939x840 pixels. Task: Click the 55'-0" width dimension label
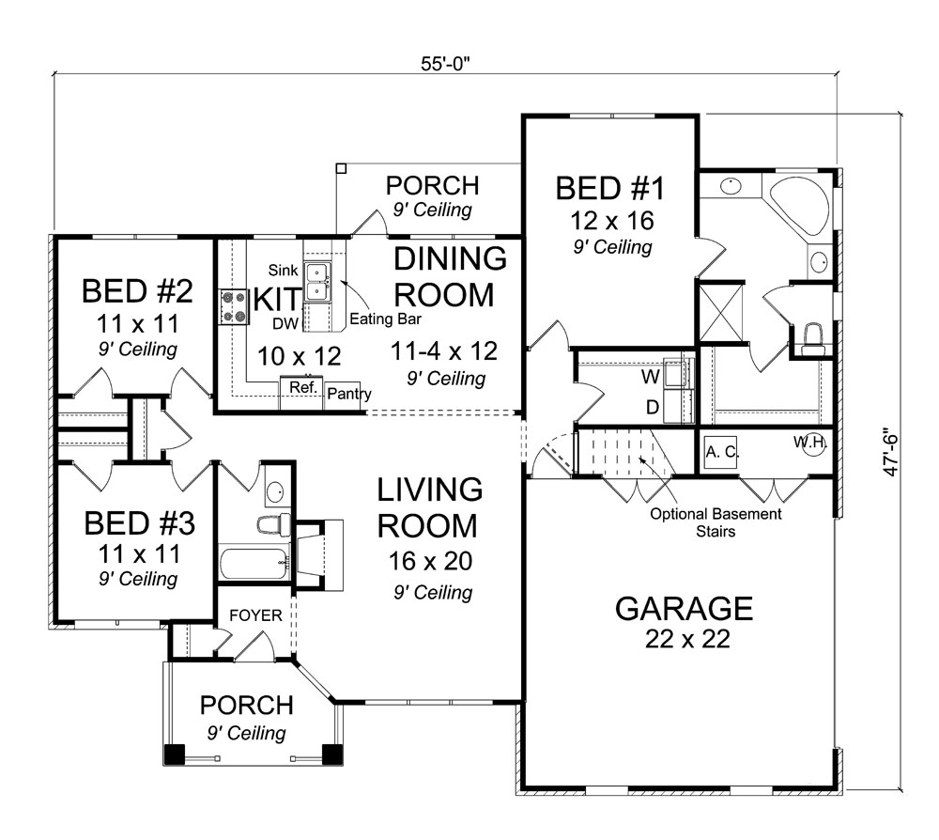point(445,64)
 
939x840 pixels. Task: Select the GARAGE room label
point(684,609)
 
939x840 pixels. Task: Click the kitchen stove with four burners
point(234,306)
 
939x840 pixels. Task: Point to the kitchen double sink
point(316,282)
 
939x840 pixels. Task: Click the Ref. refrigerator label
point(303,387)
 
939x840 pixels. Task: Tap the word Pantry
point(349,395)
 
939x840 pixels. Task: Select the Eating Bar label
point(386,319)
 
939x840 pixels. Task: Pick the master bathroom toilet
point(812,338)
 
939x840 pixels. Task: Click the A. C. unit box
point(721,452)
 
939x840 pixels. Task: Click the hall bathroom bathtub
point(255,562)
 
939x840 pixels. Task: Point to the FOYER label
point(255,615)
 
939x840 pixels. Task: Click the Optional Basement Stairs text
point(716,522)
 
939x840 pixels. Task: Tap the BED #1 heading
point(609,188)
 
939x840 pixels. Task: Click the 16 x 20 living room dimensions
point(431,561)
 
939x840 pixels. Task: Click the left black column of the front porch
point(175,754)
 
